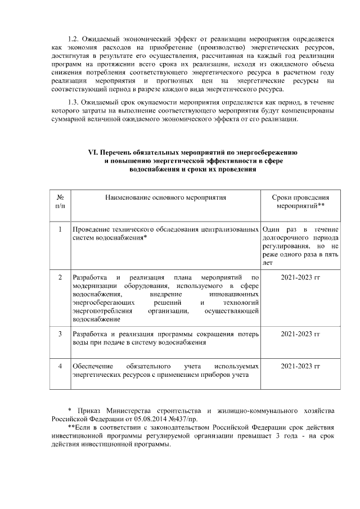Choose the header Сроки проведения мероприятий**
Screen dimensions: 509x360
[300, 202]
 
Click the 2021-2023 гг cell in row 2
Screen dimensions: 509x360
[300, 277]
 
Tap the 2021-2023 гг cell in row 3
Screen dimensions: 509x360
[300, 334]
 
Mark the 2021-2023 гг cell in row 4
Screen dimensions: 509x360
[300, 366]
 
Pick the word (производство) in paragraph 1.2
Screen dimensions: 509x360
[210, 48]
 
